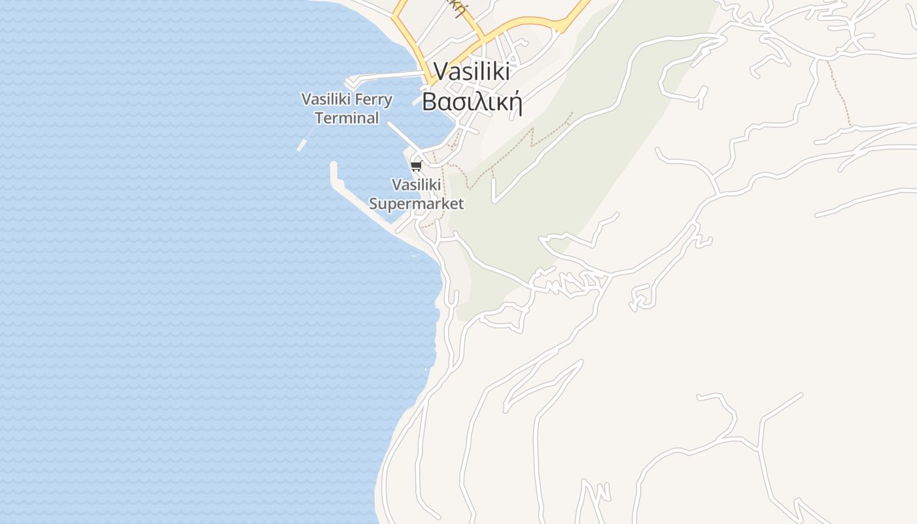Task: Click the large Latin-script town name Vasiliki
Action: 471,71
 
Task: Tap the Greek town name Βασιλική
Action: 471,102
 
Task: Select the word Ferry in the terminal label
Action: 373,100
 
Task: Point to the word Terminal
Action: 346,119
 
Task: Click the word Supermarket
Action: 416,204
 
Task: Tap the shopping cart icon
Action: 417,166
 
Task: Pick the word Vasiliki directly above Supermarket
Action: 416,185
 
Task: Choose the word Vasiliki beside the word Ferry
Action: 326,100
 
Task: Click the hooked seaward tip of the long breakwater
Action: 333,165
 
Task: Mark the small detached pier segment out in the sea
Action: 301,145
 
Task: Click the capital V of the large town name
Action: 440,71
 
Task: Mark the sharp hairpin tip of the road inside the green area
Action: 495,200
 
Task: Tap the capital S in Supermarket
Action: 374,204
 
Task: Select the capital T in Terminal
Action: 318,119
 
